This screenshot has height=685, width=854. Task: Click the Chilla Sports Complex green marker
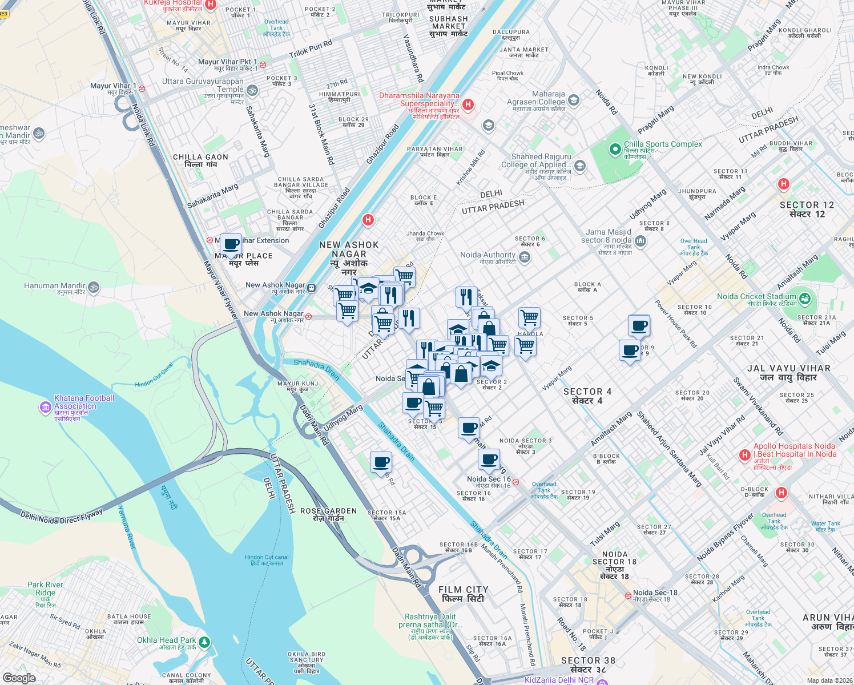click(615, 150)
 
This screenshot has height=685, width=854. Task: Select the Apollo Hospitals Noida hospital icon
click(744, 455)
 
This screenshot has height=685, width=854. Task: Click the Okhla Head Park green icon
click(204, 642)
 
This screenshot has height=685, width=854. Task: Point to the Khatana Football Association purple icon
click(45, 407)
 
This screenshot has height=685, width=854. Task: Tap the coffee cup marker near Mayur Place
click(231, 245)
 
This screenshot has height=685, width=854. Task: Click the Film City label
click(463, 594)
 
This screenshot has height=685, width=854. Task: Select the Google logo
click(19, 678)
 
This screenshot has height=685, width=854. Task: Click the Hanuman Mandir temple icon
click(94, 287)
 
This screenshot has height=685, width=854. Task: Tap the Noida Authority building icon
click(525, 257)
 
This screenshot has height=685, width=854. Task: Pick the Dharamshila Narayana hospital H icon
click(468, 104)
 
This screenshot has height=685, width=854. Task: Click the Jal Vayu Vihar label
click(788, 372)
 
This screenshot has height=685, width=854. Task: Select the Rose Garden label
click(328, 514)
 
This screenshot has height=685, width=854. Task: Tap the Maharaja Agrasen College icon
click(574, 100)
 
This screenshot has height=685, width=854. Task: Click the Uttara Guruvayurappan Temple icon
click(252, 90)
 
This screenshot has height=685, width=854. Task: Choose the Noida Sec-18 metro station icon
click(628, 595)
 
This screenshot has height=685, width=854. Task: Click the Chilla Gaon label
click(200, 160)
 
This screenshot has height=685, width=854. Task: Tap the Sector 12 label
click(807, 209)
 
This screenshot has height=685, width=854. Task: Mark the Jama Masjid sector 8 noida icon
click(640, 241)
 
